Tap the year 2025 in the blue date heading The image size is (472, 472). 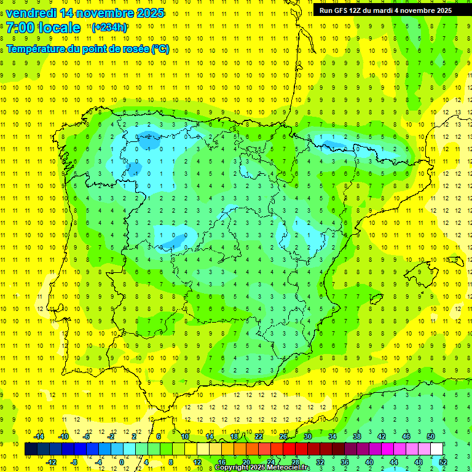pyautogui.click(x=146, y=13)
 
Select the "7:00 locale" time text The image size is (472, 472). pyautogui.click(x=44, y=28)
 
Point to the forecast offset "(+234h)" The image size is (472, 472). pyautogui.click(x=109, y=27)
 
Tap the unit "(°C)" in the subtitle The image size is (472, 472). pyautogui.click(x=160, y=49)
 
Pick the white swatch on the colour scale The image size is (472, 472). pyautogui.click(x=437, y=449)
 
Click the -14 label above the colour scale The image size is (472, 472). pyautogui.click(x=39, y=436)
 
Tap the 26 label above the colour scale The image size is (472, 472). pyautogui.click(x=283, y=436)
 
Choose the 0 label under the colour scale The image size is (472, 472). pyautogui.click(x=121, y=462)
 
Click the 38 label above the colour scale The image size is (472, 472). pyautogui.click(x=357, y=436)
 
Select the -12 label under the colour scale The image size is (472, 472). pyautogui.click(x=51, y=462)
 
